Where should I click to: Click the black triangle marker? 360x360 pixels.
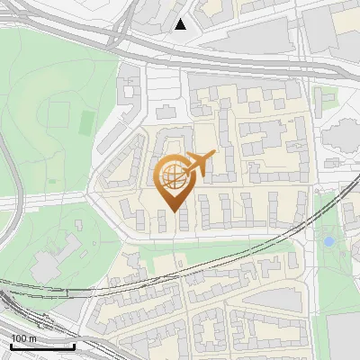tap(181, 24)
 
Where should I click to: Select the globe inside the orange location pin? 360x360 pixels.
tap(173, 175)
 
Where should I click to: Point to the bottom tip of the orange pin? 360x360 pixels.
tap(174, 211)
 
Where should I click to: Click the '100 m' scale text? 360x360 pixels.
tap(24, 338)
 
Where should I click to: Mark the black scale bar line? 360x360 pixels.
tap(42, 346)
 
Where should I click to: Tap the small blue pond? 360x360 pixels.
tap(329, 241)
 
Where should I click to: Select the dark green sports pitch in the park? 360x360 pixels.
tap(87, 121)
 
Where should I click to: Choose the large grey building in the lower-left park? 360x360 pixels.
tap(45, 263)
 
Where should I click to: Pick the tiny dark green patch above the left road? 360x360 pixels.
tap(53, 182)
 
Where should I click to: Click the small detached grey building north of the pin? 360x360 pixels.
tap(166, 113)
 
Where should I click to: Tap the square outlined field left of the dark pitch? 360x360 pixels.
tap(58, 114)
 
